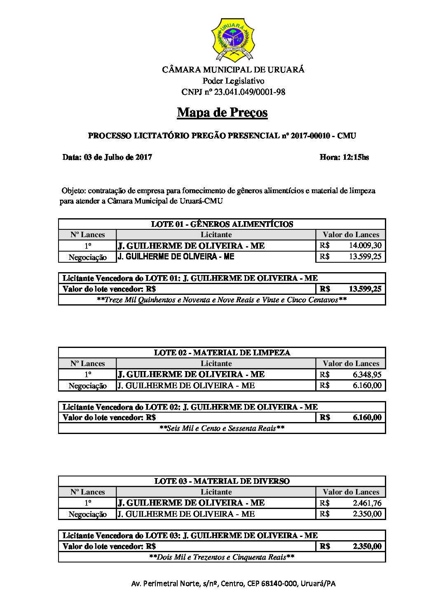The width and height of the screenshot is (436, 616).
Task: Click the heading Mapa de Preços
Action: coord(222,112)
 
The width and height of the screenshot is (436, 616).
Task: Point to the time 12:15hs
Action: coord(344,157)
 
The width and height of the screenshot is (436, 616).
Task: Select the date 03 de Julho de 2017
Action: coord(107,157)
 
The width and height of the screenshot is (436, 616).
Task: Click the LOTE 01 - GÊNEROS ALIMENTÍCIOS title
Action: coord(222,224)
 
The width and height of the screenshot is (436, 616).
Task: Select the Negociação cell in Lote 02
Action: coord(87,385)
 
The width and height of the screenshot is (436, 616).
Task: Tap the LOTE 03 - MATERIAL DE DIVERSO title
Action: coord(222,481)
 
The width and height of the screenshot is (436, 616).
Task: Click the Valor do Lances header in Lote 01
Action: coord(351,235)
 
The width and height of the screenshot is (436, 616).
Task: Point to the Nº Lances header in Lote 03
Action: coord(87,492)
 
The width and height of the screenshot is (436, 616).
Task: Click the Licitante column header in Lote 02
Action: coord(216,364)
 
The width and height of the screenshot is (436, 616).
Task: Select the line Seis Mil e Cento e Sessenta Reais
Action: coord(222,428)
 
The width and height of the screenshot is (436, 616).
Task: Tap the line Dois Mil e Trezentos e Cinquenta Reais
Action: coord(222,557)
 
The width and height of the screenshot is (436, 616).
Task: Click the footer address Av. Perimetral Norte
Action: coord(233,583)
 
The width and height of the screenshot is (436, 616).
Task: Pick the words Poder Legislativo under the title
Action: coord(233,81)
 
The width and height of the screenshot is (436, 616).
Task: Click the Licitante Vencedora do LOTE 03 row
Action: coord(190,535)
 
